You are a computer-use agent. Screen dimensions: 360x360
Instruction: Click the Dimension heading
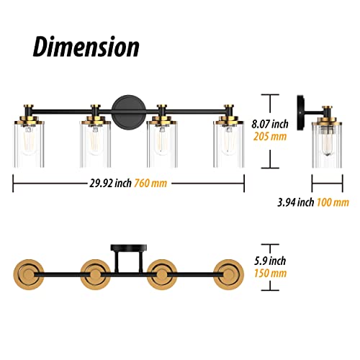86,47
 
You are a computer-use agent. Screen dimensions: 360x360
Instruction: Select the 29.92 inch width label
111,184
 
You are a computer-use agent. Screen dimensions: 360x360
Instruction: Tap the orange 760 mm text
150,184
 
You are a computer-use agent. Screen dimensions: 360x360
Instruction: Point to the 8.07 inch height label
270,124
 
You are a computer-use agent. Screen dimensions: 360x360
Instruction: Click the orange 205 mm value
270,137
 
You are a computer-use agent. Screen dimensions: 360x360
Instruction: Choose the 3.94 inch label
296,202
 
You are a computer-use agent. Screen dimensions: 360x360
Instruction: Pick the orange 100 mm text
333,202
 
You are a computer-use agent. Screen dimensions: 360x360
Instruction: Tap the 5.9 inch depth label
270,261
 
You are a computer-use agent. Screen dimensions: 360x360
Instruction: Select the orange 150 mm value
271,274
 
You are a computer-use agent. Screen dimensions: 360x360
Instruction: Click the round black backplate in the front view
129,111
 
